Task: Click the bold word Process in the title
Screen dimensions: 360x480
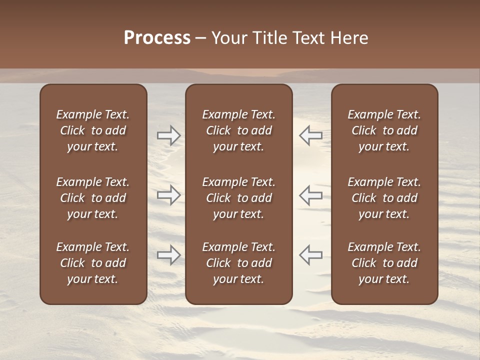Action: (x=157, y=38)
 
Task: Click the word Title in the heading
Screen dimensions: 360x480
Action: (x=269, y=38)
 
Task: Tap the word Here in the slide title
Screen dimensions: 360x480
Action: (x=349, y=38)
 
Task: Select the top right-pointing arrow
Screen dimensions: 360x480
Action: (x=168, y=135)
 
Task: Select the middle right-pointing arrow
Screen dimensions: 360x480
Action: (x=168, y=195)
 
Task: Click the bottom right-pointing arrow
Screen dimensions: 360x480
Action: (x=168, y=255)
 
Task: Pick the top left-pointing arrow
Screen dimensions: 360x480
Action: (x=310, y=135)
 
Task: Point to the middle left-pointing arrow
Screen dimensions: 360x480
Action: (x=310, y=195)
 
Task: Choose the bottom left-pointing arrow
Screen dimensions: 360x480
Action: (x=310, y=255)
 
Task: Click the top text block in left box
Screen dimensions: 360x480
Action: (x=93, y=130)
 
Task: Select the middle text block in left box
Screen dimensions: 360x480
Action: (x=93, y=198)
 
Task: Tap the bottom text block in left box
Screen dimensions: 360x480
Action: (x=93, y=263)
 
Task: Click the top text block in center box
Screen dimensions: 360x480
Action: (x=238, y=130)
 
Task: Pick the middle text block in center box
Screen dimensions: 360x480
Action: (x=238, y=198)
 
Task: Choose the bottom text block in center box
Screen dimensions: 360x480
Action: (x=238, y=263)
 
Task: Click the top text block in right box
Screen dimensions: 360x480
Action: (x=384, y=130)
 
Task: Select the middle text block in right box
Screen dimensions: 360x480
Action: (x=384, y=198)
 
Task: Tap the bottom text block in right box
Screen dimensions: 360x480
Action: (x=384, y=263)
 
